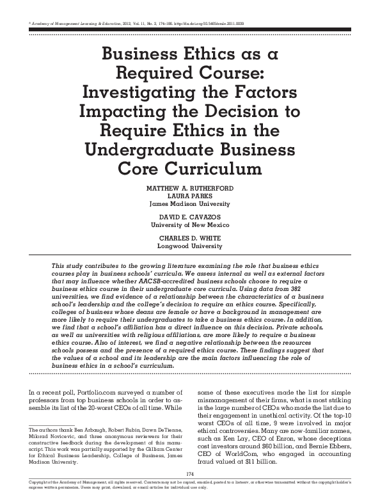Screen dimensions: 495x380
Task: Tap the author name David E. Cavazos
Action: (189, 218)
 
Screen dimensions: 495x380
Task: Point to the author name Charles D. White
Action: (189, 238)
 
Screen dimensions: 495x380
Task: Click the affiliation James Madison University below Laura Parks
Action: (189, 205)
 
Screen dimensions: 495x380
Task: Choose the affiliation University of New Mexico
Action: (189, 225)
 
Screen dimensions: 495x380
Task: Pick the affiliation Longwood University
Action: (189, 245)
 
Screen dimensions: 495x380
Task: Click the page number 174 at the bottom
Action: (189, 473)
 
